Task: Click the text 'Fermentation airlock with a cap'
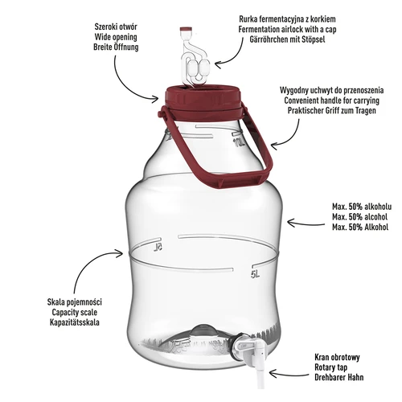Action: pyautogui.click(x=295, y=27)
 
